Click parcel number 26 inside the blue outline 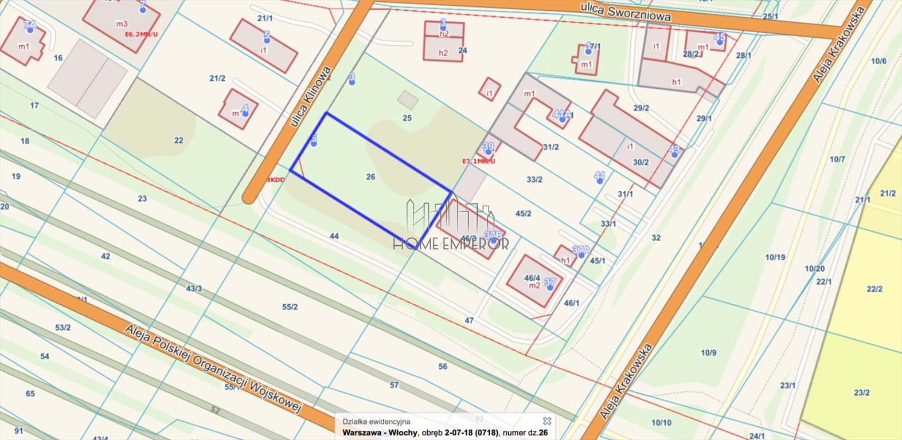click(370, 177)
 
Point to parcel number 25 click(407, 118)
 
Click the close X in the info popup click(547, 421)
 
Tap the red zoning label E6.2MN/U click(141, 34)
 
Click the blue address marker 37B click(493, 236)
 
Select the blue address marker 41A click(562, 115)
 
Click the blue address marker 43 click(674, 151)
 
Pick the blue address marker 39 click(488, 148)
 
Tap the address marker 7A click(30, 26)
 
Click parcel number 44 click(334, 236)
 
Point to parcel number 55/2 click(290, 307)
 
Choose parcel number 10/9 click(708, 353)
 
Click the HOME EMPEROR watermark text click(451, 244)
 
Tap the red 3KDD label click(276, 180)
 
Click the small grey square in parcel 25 click(408, 100)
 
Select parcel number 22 click(179, 140)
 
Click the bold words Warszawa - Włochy click(380, 433)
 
